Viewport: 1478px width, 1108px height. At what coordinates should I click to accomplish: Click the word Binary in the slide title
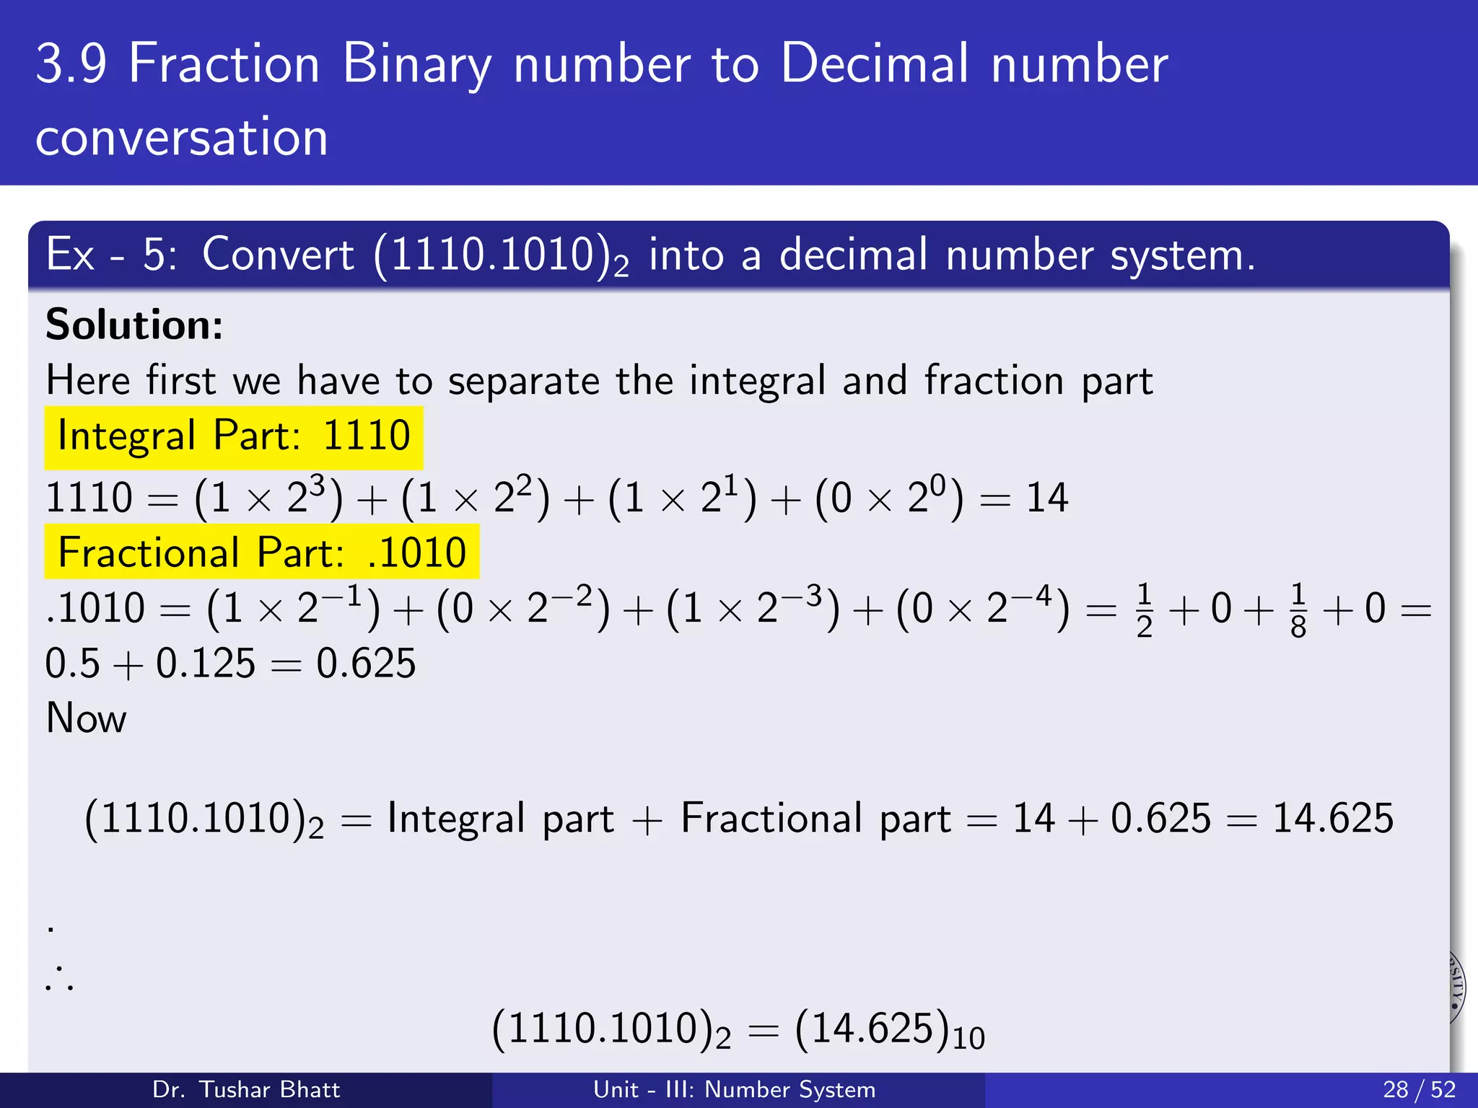[x=417, y=65]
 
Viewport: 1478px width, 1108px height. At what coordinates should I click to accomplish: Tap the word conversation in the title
[x=182, y=137]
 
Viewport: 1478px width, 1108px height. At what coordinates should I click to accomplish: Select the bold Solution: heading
[x=134, y=325]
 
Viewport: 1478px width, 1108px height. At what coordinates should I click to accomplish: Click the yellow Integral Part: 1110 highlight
[x=233, y=437]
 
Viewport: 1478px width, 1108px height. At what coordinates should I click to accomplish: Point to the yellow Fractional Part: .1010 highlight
[x=261, y=553]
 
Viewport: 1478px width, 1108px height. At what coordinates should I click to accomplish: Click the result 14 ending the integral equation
[x=1046, y=498]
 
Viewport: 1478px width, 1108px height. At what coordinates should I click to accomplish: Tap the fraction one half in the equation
[x=1144, y=610]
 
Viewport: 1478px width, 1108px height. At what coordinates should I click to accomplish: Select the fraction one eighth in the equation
[x=1298, y=610]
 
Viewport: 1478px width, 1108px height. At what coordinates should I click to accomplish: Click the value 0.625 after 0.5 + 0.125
[x=366, y=664]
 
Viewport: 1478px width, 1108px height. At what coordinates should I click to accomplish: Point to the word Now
[x=86, y=718]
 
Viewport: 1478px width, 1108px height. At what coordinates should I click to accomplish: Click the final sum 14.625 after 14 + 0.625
[x=1332, y=819]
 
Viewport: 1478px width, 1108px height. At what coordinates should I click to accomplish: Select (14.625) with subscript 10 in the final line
[x=889, y=1029]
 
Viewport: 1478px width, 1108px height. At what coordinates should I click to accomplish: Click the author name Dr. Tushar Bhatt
[x=245, y=1089]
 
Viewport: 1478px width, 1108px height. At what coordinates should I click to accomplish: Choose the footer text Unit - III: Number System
[x=734, y=1089]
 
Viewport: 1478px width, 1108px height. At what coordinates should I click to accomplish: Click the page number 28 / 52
[x=1419, y=1089]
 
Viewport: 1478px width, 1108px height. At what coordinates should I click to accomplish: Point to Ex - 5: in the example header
[x=110, y=255]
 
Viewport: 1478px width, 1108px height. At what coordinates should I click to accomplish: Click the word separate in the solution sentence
[x=523, y=381]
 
